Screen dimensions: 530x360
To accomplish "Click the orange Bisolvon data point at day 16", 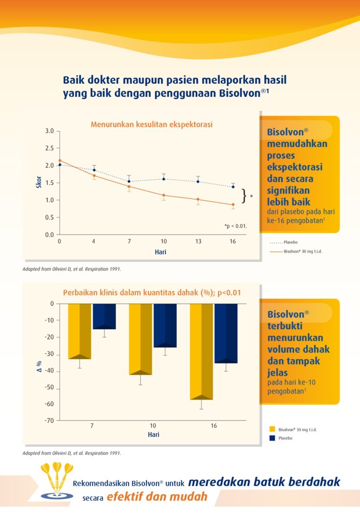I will coord(233,204).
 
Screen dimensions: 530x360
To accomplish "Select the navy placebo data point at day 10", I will coord(164,179).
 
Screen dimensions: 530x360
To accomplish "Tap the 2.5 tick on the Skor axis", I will coord(50,148).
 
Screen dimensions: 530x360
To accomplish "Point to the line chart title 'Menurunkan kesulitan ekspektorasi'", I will coord(152,124).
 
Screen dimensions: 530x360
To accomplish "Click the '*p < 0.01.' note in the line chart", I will coord(236,226).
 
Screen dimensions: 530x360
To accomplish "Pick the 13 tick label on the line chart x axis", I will coord(198,242).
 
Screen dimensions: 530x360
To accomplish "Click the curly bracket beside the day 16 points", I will coord(244,196).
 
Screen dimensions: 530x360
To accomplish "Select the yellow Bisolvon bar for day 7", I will coord(80,331).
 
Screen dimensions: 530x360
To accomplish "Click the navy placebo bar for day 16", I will coord(226,333).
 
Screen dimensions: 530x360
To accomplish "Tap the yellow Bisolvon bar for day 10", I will coord(140,339).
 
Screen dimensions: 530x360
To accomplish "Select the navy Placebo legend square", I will coord(271,438).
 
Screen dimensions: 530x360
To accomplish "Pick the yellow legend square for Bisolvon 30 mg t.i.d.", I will coord(271,429).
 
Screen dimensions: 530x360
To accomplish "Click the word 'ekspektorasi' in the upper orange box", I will coord(295,167).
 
